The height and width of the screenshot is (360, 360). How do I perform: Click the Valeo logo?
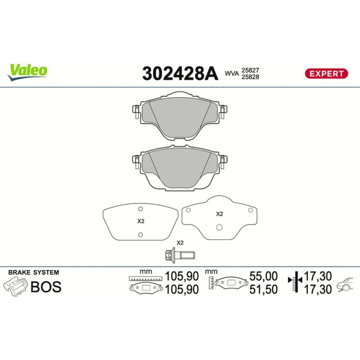pos(27,72)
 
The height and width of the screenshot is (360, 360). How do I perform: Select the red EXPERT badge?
pos(326,73)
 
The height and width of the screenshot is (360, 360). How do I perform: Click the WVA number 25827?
pos(250,70)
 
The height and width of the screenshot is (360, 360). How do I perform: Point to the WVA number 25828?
pos(250,77)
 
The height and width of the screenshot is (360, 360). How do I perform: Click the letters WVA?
pos(231,73)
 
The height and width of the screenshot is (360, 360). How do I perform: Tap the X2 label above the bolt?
pos(180,243)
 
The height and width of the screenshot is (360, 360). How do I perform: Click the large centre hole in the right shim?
pos(220,227)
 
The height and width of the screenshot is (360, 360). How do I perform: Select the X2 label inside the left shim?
pos(141,221)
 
